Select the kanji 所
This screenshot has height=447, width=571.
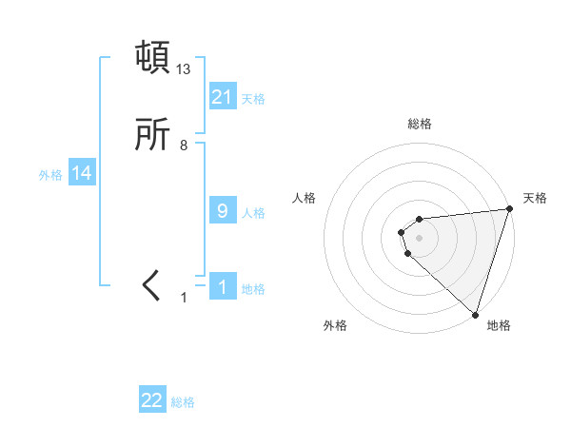click(153, 136)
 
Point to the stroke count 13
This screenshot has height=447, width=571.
click(184, 69)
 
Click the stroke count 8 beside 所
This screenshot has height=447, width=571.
click(184, 146)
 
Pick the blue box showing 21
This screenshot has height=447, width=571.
click(223, 96)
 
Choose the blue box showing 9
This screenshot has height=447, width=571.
click(223, 211)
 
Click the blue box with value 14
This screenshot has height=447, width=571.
click(82, 173)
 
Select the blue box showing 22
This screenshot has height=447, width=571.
click(152, 400)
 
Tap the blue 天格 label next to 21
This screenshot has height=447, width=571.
click(253, 98)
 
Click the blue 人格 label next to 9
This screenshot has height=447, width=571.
click(253, 213)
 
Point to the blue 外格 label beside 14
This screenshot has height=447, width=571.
click(50, 175)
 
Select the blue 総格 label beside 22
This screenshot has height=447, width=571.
click(183, 402)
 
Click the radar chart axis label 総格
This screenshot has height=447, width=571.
click(420, 125)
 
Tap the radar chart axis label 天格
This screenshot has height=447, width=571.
click(535, 198)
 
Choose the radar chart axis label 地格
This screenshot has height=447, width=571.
click(499, 326)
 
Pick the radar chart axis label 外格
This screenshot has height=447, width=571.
click(335, 326)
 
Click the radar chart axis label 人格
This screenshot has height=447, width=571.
click(305, 198)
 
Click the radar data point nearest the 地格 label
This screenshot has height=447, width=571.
click(475, 314)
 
